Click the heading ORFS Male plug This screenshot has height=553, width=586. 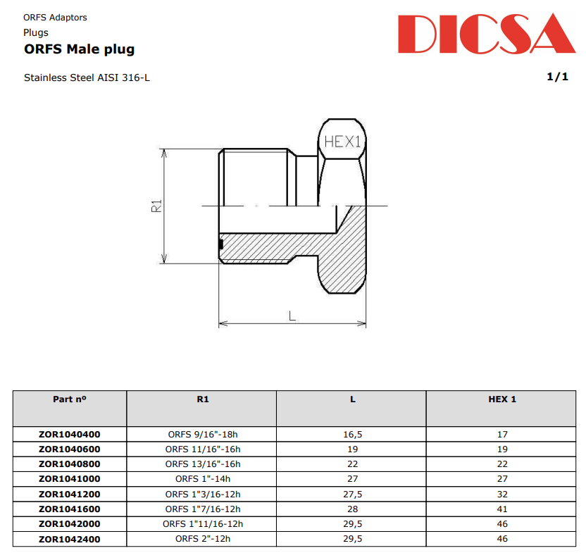(79, 49)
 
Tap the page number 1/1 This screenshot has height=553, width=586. (557, 77)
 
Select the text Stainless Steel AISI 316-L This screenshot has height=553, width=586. (87, 77)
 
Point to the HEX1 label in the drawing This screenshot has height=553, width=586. (342, 142)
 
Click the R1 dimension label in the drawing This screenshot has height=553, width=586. (157, 206)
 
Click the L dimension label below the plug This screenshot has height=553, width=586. (292, 316)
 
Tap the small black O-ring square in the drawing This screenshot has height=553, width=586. (221, 244)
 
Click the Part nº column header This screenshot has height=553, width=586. (70, 399)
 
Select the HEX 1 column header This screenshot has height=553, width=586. (502, 399)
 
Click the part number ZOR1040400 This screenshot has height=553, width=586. (70, 435)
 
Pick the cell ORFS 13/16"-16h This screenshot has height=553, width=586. (203, 464)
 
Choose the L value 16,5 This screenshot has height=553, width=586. (352, 435)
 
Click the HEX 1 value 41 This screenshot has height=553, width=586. (502, 509)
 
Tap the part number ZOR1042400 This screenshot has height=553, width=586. (70, 539)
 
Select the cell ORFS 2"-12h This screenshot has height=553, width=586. (203, 539)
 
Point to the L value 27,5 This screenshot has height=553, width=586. (352, 494)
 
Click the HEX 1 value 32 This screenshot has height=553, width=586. (502, 494)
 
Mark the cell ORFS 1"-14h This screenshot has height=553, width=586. (203, 479)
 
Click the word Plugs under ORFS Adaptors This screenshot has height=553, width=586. (36, 32)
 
